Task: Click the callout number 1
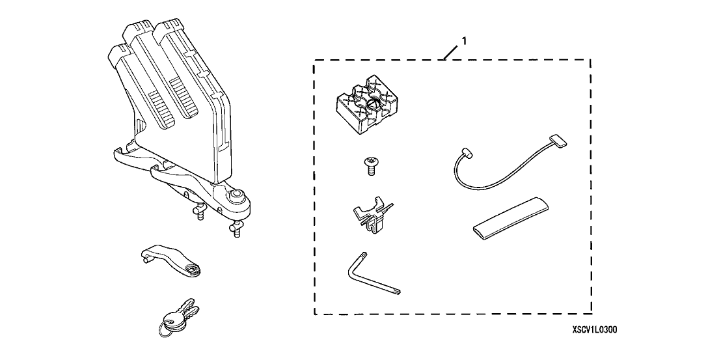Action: pos(463,40)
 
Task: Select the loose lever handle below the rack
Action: pos(166,260)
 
